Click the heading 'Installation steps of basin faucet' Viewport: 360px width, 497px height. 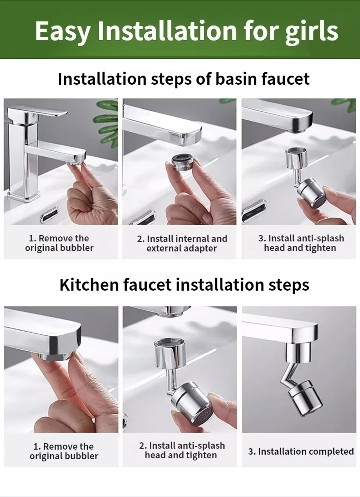click(184, 79)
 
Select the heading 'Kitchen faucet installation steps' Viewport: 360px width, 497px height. click(184, 285)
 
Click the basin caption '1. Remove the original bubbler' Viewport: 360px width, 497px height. click(59, 243)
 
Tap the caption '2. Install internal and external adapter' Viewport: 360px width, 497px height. click(182, 244)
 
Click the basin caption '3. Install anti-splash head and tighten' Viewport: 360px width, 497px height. click(300, 243)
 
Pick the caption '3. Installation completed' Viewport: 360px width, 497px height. click(301, 451)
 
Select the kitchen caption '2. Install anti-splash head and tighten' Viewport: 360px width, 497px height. click(182, 450)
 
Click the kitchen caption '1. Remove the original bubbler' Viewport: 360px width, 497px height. click(64, 451)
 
